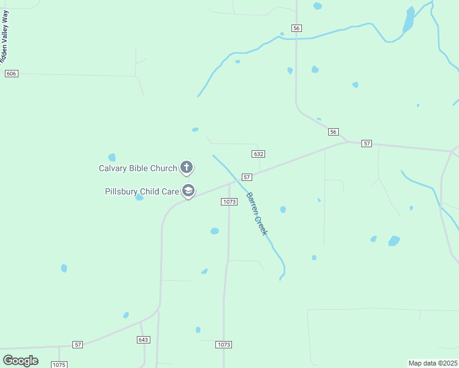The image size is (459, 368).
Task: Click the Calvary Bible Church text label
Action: coord(138,168)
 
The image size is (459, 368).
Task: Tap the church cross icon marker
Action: coord(187,167)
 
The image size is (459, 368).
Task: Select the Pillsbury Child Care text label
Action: coord(142,191)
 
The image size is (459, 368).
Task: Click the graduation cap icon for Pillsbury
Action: coord(188,191)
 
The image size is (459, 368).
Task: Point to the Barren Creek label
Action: coord(257,214)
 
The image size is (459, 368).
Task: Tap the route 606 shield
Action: coord(11,74)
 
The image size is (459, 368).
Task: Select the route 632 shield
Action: coord(258,154)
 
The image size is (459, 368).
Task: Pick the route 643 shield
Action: coord(144,339)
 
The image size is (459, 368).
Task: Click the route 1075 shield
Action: coord(59,365)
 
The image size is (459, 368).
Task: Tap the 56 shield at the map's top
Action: coord(297,28)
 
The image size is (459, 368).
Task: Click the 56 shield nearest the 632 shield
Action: coord(333,132)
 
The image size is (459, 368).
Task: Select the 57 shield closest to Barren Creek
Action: coord(247,177)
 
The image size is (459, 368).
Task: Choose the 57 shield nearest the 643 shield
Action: coord(78,345)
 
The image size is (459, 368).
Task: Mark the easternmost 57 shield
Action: coord(366,143)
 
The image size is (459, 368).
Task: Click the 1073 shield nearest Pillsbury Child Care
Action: coord(229,201)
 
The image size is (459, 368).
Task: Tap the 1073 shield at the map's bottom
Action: coord(224,345)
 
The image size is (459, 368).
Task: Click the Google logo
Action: coord(20,361)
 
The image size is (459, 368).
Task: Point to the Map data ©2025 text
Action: coord(433,363)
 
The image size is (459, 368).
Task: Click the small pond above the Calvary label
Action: coord(112,158)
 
